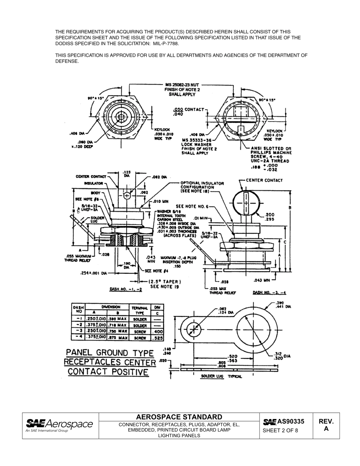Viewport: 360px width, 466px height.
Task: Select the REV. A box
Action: click(326, 425)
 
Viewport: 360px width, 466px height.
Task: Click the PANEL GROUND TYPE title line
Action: click(110, 353)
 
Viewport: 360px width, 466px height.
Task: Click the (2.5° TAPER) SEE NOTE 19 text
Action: click(164, 284)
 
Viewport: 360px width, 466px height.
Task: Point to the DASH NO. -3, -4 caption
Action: click(269, 292)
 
